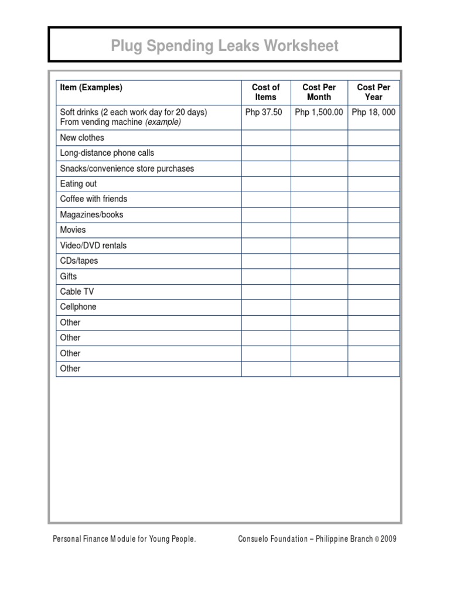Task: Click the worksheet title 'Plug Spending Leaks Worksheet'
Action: click(x=224, y=46)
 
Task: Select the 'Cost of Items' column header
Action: click(x=265, y=92)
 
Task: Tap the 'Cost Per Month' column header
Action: click(x=319, y=92)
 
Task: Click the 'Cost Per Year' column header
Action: click(x=373, y=92)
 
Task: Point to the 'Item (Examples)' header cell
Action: click(x=91, y=87)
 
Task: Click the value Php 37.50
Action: click(x=265, y=112)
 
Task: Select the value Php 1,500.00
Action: click(x=319, y=112)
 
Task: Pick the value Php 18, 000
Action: click(x=373, y=112)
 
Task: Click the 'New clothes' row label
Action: click(x=82, y=138)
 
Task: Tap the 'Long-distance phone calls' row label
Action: click(x=107, y=153)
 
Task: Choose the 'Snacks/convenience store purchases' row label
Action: click(x=127, y=168)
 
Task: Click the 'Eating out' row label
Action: click(x=79, y=183)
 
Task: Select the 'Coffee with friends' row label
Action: click(x=94, y=199)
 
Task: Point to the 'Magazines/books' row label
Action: click(x=92, y=214)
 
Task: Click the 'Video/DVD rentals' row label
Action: click(x=93, y=246)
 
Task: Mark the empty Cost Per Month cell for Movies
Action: click(x=319, y=230)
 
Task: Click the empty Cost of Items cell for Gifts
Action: click(x=265, y=277)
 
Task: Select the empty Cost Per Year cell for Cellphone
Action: click(x=373, y=307)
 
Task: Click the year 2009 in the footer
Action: click(x=388, y=539)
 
